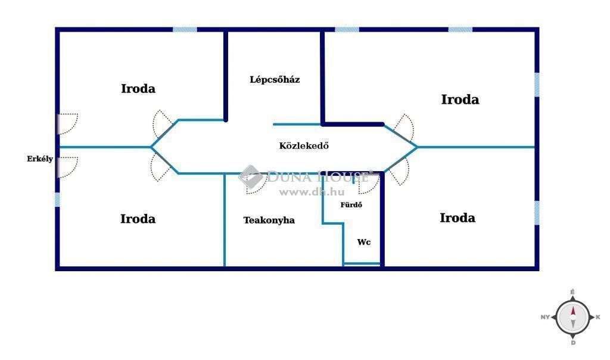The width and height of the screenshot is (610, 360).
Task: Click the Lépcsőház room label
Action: tap(275, 80)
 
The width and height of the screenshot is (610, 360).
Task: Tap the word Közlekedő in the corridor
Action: tap(304, 145)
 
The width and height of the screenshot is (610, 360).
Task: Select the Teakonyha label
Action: tap(269, 221)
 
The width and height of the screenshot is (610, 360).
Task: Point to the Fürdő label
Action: tap(351, 204)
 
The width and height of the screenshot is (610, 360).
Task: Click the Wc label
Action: tap(364, 242)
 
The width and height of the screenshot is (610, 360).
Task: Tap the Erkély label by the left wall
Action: tap(40, 159)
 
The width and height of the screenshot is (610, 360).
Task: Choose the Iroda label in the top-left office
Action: tap(138, 89)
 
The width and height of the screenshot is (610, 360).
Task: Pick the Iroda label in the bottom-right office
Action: tap(457, 218)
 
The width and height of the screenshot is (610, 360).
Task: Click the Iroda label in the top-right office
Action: tap(460, 100)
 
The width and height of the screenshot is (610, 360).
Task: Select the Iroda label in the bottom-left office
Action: tap(138, 219)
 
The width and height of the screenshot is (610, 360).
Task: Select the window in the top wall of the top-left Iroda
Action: tap(185, 30)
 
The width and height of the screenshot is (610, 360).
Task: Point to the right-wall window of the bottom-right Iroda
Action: tap(537, 213)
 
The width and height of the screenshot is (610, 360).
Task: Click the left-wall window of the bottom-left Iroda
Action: tap(57, 200)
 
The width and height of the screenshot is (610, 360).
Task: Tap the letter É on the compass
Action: tap(572, 292)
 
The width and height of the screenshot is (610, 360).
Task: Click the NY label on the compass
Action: tap(545, 317)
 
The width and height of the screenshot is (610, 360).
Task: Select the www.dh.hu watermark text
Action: tap(312, 192)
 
